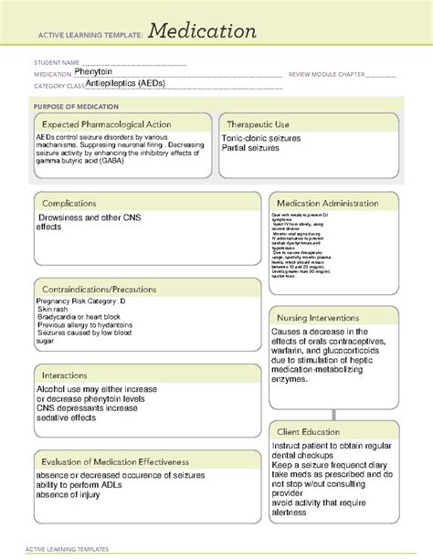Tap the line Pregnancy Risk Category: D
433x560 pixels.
(x=81, y=301)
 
